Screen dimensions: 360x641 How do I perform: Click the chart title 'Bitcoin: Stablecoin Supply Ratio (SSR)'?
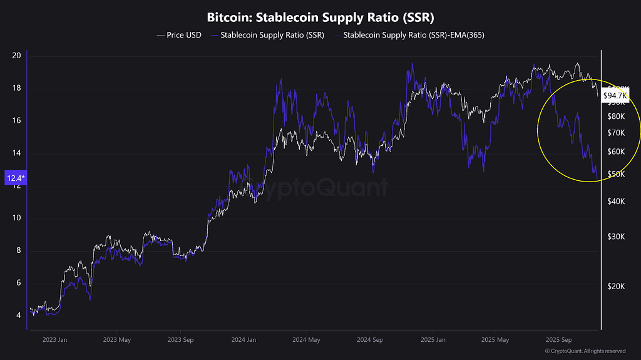(x=320, y=16)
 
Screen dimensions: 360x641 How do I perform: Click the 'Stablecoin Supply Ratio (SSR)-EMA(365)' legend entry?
(x=413, y=35)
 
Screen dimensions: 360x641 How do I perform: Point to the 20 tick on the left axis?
(x=16, y=56)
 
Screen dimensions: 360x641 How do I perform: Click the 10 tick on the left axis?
(x=16, y=218)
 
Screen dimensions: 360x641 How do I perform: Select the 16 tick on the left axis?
(x=16, y=121)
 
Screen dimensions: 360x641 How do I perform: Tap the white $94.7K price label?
(x=615, y=96)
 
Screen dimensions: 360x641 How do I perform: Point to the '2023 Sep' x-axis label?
(x=181, y=340)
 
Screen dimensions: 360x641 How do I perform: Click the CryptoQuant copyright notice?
(x=585, y=351)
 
